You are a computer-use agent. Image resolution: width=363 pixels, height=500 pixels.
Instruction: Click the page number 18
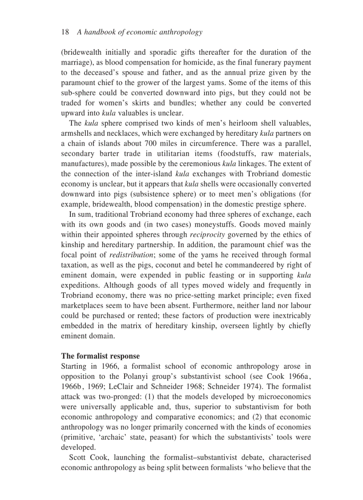pos(65,32)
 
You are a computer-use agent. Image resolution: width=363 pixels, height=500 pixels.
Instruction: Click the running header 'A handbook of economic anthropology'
pos(140,32)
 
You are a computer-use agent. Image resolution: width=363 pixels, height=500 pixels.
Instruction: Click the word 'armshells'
pos(76,134)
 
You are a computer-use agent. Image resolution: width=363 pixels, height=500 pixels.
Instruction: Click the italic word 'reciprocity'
pos(207,235)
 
